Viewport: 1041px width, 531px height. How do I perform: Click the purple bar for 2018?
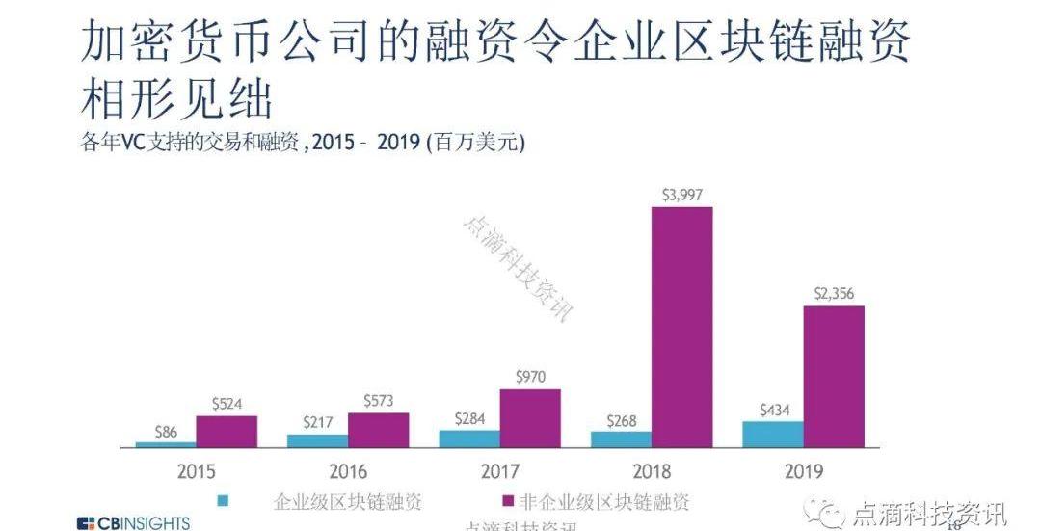point(681,327)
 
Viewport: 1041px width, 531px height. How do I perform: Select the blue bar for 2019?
point(772,435)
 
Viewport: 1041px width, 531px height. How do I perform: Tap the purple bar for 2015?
point(227,432)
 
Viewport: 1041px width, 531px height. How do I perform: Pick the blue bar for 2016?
point(317,440)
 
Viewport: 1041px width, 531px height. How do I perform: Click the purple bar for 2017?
point(529,418)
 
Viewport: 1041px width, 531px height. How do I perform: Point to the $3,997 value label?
point(681,195)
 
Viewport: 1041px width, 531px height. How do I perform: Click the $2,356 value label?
point(834,294)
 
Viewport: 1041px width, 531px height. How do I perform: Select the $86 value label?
point(166,432)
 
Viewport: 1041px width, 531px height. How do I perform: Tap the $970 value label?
point(529,377)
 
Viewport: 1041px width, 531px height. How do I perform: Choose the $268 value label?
point(622,420)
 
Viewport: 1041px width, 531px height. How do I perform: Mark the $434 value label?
point(773,410)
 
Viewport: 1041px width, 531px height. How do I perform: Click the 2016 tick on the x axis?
point(348,471)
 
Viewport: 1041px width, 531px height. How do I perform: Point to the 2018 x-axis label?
point(652,471)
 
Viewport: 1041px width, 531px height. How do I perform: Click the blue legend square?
point(224,501)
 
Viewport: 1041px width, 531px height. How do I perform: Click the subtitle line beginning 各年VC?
point(303,142)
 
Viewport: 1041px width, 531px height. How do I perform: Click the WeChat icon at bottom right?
point(830,512)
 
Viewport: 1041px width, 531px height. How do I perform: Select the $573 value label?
point(378,400)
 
